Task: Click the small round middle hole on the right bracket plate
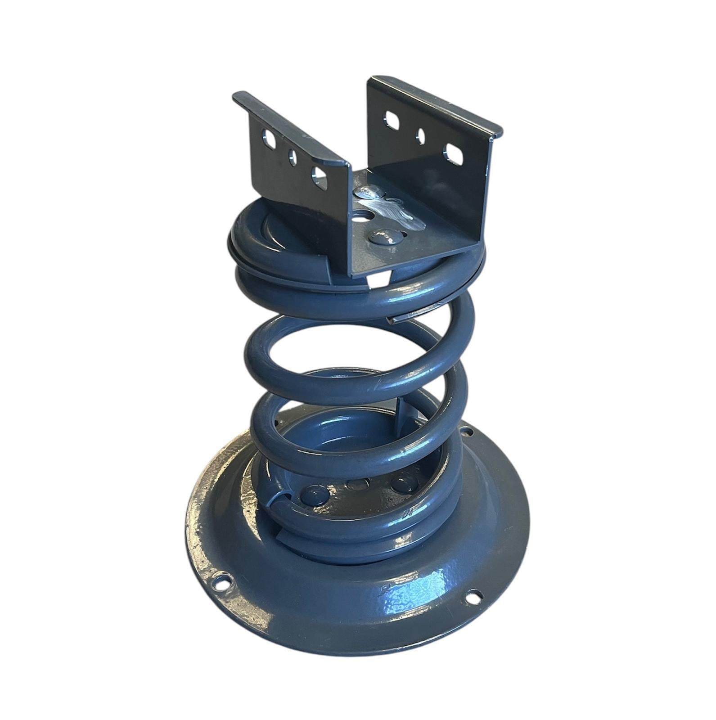click(x=421, y=135)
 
